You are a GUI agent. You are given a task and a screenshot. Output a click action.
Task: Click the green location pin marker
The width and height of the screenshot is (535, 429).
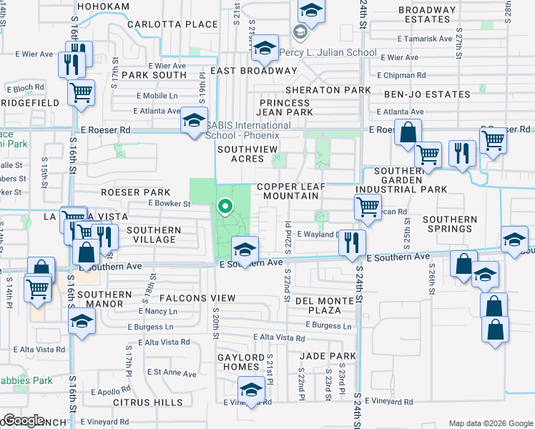tap(226, 208)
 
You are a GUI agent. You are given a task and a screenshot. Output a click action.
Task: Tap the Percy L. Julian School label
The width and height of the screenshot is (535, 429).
tap(338, 53)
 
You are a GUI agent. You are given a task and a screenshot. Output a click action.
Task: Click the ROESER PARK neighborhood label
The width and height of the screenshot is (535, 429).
tap(135, 192)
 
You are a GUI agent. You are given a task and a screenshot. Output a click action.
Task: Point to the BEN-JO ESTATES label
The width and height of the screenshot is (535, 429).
tap(427, 94)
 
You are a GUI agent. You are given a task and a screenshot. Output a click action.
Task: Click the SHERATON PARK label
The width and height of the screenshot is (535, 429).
tap(328, 90)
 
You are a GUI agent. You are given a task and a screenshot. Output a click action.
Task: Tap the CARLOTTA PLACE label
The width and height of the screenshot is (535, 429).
tap(172, 24)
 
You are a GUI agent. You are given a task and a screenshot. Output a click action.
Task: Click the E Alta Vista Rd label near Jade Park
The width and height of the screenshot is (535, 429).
tap(280, 337)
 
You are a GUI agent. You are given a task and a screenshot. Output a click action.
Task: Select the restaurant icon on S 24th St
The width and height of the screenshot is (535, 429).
tap(352, 242)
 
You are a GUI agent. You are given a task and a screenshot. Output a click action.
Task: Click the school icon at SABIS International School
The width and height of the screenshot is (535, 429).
tap(194, 121)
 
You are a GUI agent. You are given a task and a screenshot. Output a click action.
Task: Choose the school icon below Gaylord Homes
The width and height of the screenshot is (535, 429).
tap(251, 390)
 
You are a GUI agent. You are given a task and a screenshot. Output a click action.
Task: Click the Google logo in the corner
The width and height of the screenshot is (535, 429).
tap(24, 420)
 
